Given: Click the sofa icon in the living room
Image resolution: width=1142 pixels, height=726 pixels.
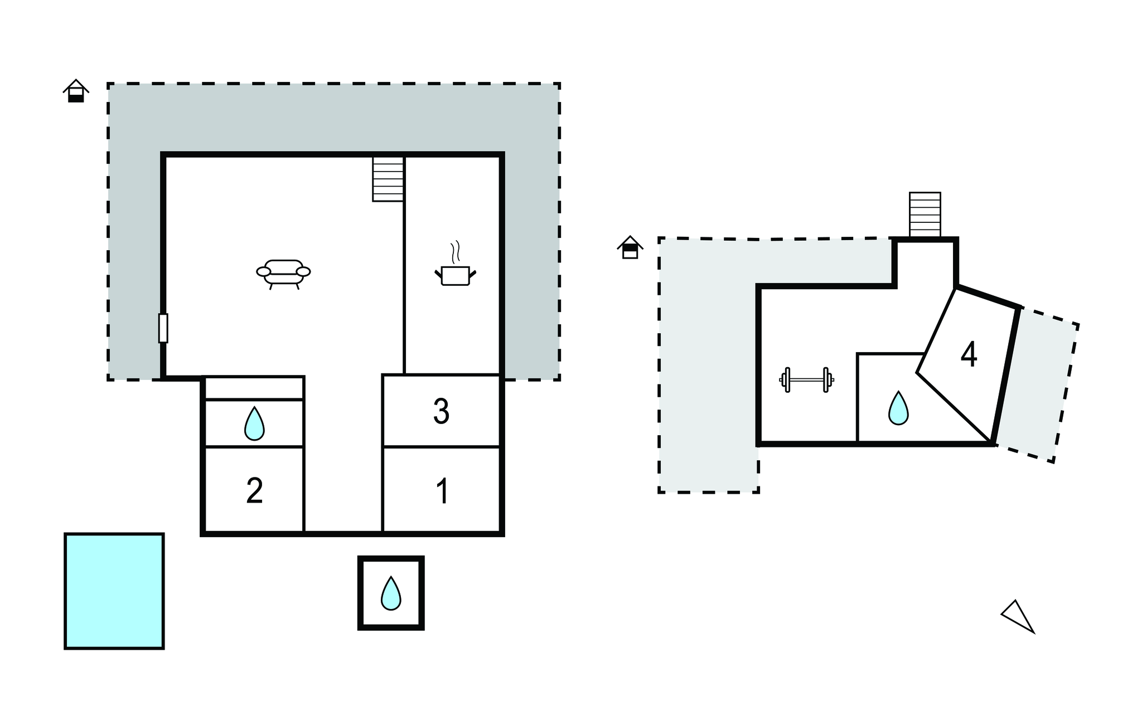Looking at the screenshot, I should tap(283, 273).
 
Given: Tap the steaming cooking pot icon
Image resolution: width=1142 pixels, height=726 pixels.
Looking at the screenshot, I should tap(455, 270).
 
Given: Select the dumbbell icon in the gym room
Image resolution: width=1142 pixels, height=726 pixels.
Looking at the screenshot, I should tap(806, 380).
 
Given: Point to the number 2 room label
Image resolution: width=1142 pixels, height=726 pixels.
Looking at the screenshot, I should tap(254, 491).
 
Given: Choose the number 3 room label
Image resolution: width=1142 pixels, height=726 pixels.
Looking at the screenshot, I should tap(441, 412).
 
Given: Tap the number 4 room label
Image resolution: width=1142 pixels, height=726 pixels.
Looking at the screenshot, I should tap(969, 354).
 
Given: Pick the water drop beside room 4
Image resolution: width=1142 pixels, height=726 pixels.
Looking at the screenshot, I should tap(898, 408).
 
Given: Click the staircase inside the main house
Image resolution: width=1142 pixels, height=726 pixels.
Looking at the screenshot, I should tap(388, 179).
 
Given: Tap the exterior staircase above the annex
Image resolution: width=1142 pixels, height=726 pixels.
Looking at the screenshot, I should tap(925, 215).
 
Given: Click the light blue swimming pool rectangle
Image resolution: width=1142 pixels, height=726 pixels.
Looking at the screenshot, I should tap(114, 591).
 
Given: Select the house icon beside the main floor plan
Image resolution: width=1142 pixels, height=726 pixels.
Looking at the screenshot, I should tap(76, 91).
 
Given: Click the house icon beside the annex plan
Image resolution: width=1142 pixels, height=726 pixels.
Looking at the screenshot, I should tap(630, 247).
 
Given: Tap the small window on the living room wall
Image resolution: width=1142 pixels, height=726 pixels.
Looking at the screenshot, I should tap(163, 328).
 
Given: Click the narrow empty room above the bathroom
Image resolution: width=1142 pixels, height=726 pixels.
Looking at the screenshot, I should tap(254, 388).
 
